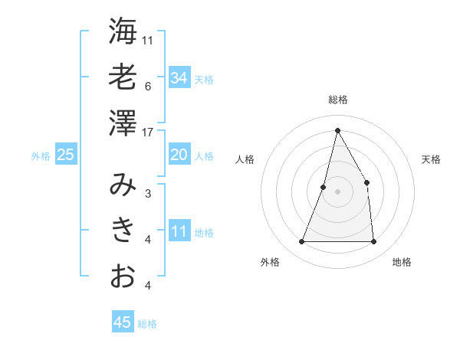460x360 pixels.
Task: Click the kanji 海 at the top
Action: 123,31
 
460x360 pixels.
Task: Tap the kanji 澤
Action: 123,123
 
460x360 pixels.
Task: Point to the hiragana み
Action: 123,185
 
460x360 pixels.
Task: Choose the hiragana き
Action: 123,231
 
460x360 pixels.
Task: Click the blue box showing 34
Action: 179,78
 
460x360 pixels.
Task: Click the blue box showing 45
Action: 123,322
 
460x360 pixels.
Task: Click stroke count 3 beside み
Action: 148,194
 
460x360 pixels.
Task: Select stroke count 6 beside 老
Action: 148,86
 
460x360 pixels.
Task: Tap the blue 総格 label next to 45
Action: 147,324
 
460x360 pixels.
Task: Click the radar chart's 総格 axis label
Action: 337,100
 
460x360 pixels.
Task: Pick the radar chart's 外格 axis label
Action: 270,262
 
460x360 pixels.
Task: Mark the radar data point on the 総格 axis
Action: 337,129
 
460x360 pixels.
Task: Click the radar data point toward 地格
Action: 373,242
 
